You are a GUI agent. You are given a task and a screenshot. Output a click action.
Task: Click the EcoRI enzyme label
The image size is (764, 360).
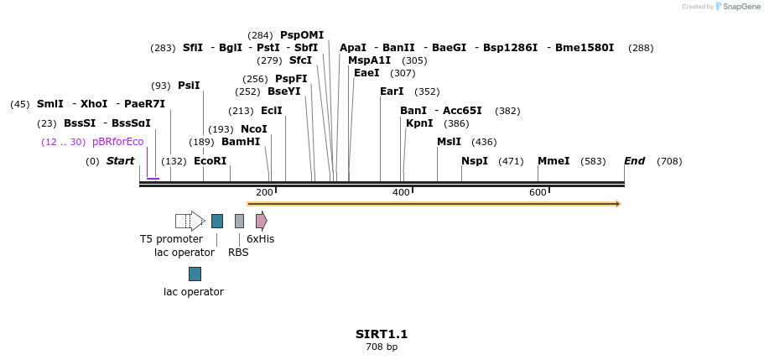click(x=210, y=161)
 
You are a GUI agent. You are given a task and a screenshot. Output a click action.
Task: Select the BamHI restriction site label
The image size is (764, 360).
click(x=241, y=142)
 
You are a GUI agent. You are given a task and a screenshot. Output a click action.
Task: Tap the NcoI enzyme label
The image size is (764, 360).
click(x=253, y=129)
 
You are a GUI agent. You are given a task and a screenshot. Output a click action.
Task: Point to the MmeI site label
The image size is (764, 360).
click(x=554, y=161)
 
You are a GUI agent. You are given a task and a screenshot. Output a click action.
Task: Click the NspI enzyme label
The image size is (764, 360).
click(x=475, y=161)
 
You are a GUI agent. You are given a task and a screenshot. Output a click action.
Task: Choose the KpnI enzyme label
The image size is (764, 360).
click(x=419, y=123)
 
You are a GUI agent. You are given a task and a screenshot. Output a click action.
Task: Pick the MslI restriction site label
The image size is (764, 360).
click(x=449, y=142)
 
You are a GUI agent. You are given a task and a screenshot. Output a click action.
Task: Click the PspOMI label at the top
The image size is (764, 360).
click(x=302, y=35)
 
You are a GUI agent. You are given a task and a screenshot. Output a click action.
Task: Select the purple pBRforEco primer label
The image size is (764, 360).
click(x=118, y=142)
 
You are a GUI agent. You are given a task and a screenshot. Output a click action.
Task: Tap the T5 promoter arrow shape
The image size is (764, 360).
click(x=190, y=221)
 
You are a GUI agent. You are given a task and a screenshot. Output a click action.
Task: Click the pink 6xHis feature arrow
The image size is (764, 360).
click(x=261, y=221)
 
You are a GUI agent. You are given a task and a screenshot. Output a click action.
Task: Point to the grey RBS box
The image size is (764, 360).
click(x=239, y=221)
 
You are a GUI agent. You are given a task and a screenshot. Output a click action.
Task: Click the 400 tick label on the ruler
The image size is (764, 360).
click(x=401, y=193)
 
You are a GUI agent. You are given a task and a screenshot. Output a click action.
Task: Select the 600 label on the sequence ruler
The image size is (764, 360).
click(x=538, y=193)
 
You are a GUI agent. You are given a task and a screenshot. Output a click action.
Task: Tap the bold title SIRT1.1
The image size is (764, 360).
click(x=382, y=334)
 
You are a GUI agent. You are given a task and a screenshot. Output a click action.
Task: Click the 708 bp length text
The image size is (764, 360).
click(x=382, y=347)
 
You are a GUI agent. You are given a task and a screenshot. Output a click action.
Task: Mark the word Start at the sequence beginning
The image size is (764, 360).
click(x=120, y=161)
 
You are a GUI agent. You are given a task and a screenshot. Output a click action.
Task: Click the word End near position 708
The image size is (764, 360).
click(x=634, y=161)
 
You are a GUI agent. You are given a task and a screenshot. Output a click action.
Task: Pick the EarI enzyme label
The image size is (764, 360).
click(x=392, y=91)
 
